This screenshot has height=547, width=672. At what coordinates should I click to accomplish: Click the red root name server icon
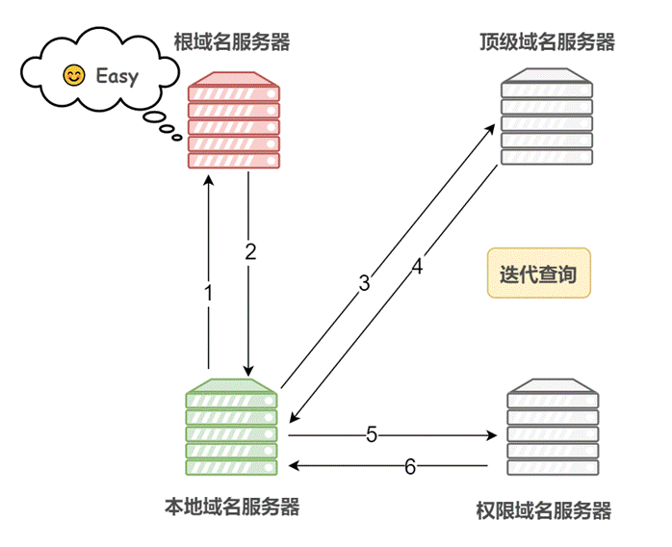232,121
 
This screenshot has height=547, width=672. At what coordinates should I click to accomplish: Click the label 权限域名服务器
544,509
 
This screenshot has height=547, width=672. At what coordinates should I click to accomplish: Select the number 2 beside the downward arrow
251,252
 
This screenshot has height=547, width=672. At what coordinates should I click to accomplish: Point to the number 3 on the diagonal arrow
364,283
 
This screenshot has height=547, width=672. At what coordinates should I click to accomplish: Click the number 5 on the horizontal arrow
371,434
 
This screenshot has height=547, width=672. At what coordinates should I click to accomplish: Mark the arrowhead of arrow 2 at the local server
249,371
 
